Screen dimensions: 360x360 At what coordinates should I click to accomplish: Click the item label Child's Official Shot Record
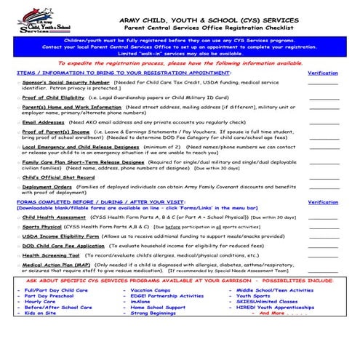pos(58,177)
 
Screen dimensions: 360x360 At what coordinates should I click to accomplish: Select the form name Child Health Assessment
pos(55,217)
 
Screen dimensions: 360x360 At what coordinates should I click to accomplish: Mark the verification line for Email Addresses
pos(323,122)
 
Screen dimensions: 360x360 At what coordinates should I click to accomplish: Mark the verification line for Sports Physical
pos(323,227)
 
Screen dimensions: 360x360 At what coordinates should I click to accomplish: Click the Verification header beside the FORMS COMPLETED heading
pos(323,202)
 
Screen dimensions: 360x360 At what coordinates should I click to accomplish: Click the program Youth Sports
pos(252,296)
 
